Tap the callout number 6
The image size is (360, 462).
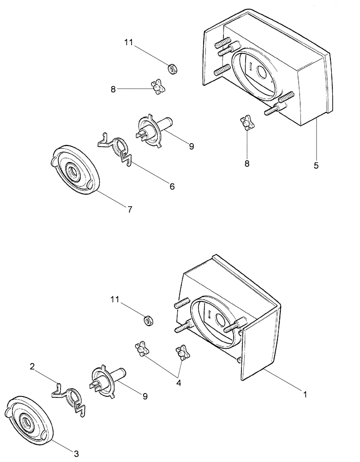click(x=172, y=186)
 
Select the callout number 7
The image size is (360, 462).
click(x=130, y=209)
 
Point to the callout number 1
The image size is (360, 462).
click(x=305, y=395)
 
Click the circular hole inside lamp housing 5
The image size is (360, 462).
click(x=261, y=73)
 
